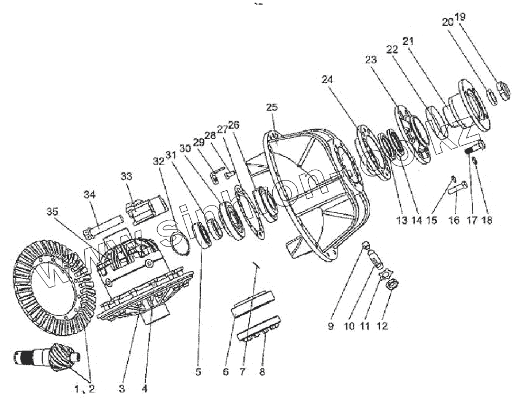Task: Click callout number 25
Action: pyautogui.click(x=272, y=107)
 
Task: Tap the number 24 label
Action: pyautogui.click(x=326, y=80)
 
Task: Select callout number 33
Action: pyautogui.click(x=126, y=177)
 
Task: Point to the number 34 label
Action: pyautogui.click(x=89, y=195)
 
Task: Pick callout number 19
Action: pyautogui.click(x=460, y=17)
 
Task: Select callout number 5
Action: pyautogui.click(x=199, y=373)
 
